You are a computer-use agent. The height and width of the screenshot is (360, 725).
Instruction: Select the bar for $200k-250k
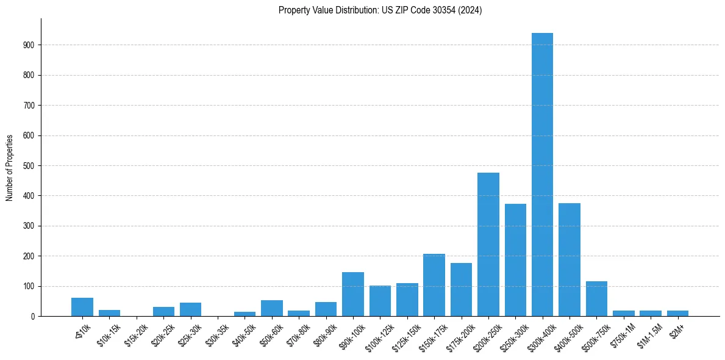(x=488, y=244)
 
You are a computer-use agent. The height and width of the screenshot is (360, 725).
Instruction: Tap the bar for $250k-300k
(x=515, y=260)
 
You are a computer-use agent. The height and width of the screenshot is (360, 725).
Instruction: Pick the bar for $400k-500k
(x=569, y=260)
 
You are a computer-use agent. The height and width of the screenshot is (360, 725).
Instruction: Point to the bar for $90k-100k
(x=353, y=294)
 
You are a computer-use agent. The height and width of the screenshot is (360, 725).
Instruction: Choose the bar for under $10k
(x=82, y=307)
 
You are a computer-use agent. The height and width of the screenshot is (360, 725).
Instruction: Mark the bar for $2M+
(x=677, y=313)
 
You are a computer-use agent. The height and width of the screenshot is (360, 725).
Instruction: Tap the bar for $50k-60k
(x=272, y=308)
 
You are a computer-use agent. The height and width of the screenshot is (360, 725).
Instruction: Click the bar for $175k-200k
(x=461, y=289)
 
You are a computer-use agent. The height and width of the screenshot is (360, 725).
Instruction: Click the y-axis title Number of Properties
(x=10, y=167)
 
